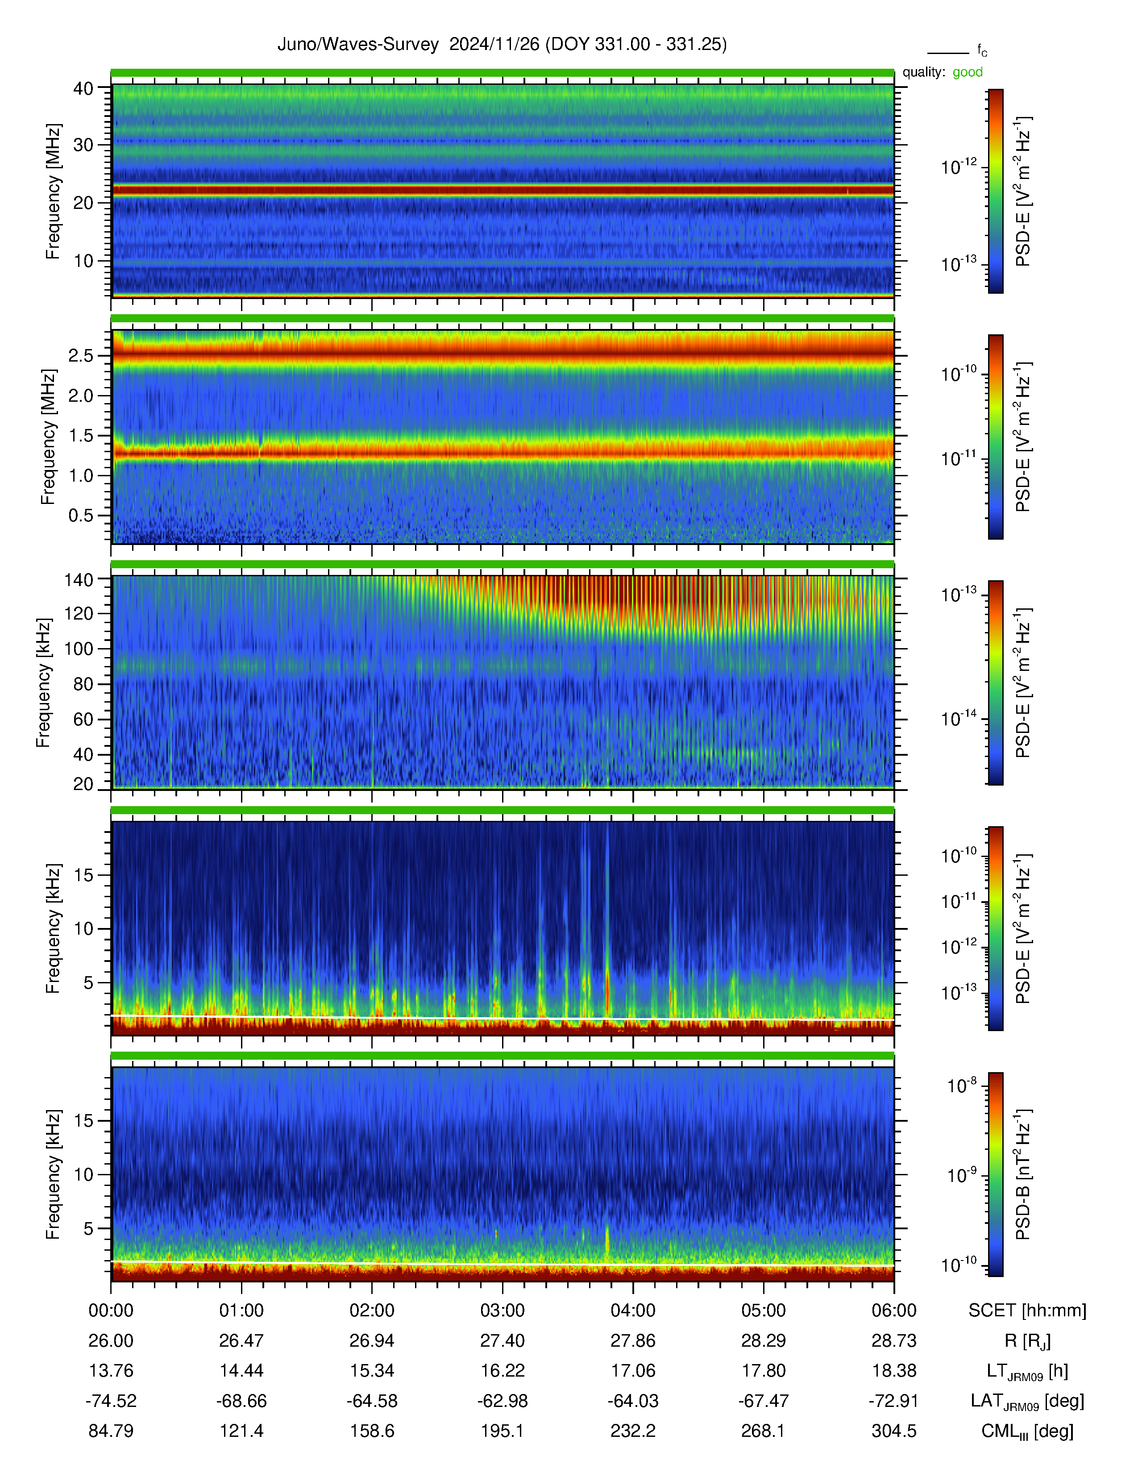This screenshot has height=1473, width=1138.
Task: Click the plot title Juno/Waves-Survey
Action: [x=358, y=45]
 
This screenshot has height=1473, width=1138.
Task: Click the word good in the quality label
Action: [x=968, y=72]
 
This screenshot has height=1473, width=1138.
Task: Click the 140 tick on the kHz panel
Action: [x=78, y=579]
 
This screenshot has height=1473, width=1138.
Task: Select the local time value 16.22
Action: [x=502, y=1370]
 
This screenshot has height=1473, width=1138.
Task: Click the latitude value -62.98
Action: [x=502, y=1401]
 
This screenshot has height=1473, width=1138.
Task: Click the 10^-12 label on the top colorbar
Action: [x=959, y=166]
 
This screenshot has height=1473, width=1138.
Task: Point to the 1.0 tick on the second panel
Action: [x=81, y=475]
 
